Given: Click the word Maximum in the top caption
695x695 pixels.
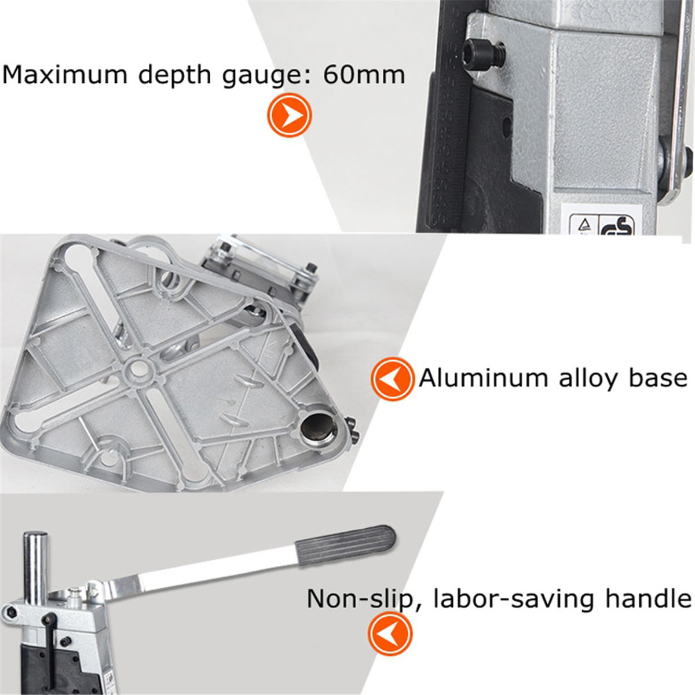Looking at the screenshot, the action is coord(65,75).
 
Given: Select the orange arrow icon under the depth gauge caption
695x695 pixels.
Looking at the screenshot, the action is coord(289,115).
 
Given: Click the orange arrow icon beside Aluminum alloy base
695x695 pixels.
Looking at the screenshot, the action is coord(392,379).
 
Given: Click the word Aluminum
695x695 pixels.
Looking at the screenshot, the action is coord(483,378).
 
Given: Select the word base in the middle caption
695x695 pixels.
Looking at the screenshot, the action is coord(658,378).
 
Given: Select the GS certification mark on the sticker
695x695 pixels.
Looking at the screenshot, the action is coord(616,225).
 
